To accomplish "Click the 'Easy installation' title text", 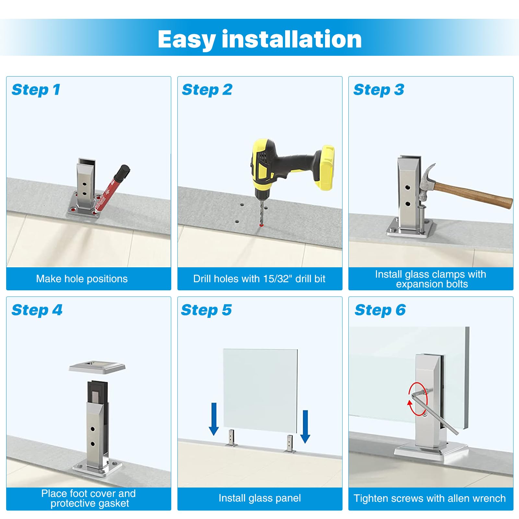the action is click(259, 39).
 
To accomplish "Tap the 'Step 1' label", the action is click(36, 90).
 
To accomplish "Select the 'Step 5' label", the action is click(206, 310).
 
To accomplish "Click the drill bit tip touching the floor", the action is click(261, 225).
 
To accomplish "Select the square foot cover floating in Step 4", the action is click(97, 367).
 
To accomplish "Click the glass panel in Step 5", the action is click(260, 391).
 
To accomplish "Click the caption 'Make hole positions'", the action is click(82, 279).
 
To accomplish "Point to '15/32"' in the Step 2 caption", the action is click(278, 279).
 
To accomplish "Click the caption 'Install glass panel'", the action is click(259, 498).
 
